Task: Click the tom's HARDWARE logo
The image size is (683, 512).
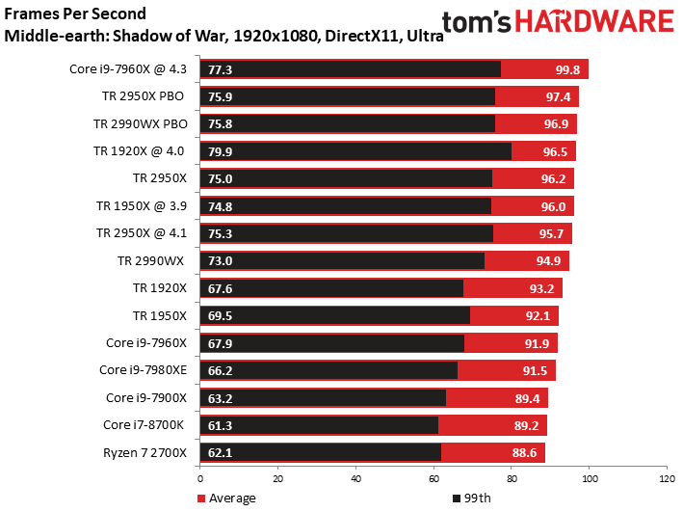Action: (x=559, y=22)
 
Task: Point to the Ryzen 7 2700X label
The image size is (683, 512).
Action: (x=147, y=452)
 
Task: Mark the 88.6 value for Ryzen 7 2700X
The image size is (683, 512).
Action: (x=525, y=452)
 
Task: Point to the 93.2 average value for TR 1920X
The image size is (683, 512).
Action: (x=543, y=287)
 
